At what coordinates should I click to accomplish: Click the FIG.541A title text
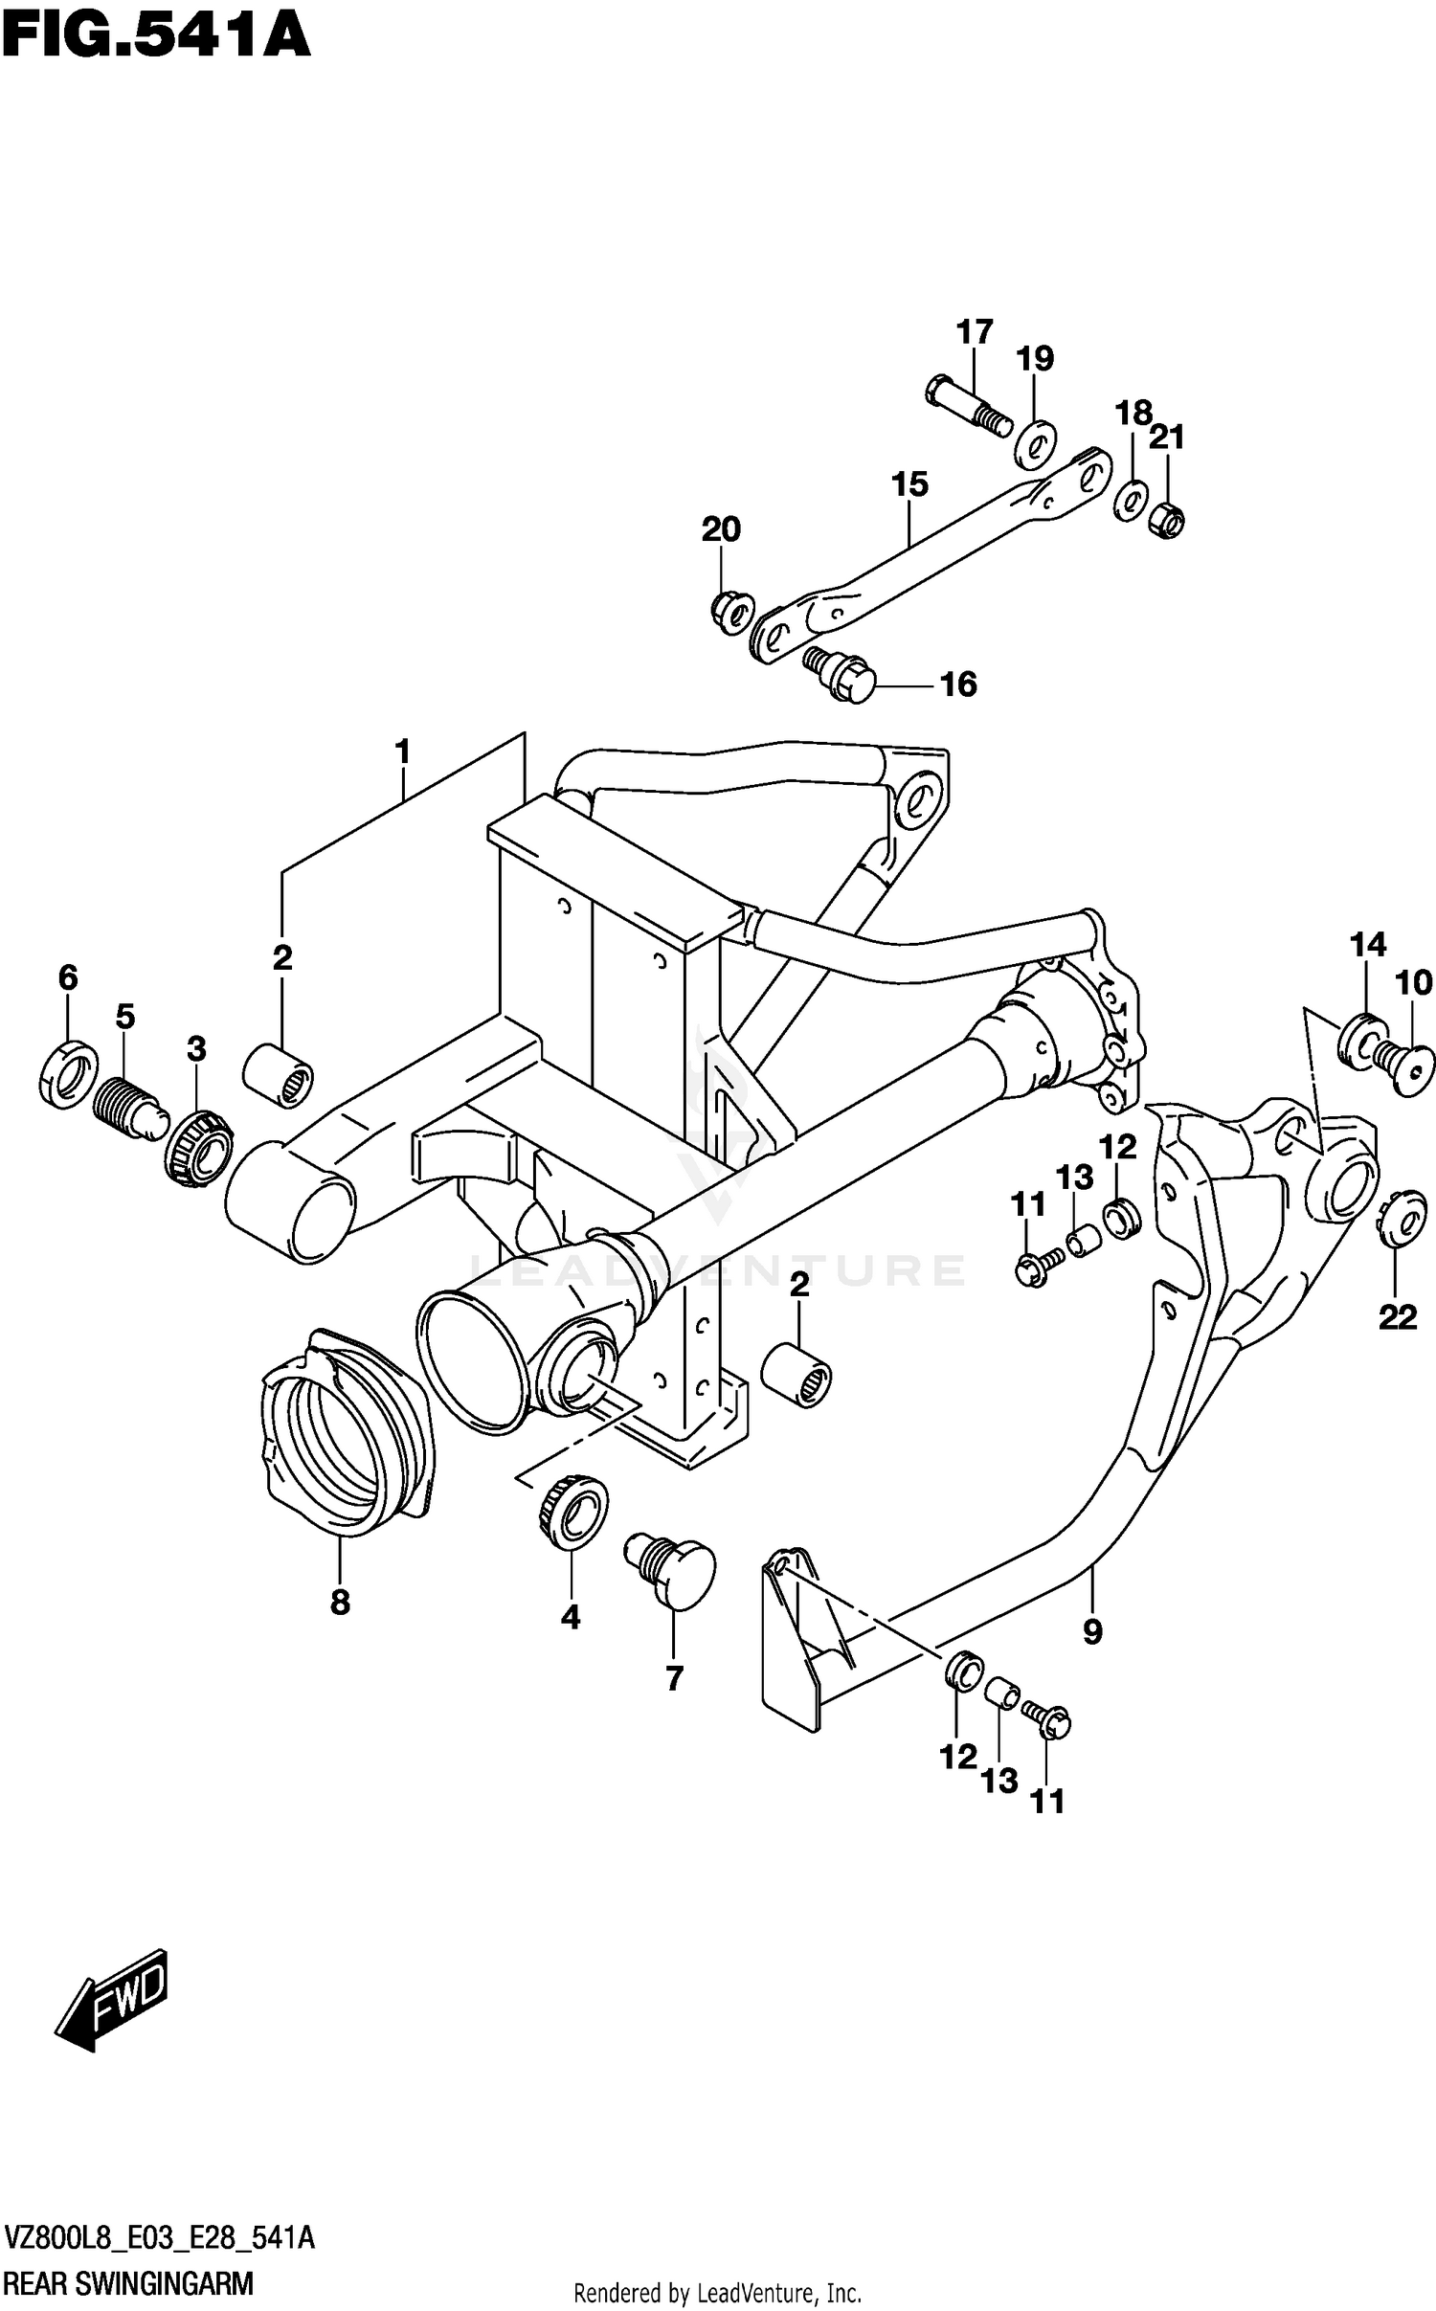[155, 36]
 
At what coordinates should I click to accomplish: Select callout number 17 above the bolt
[975, 332]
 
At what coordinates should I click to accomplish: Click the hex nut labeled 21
[1166, 519]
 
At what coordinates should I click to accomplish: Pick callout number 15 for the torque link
[909, 484]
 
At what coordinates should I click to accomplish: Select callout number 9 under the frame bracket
[1092, 1631]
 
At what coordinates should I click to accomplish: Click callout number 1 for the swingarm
[403, 752]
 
